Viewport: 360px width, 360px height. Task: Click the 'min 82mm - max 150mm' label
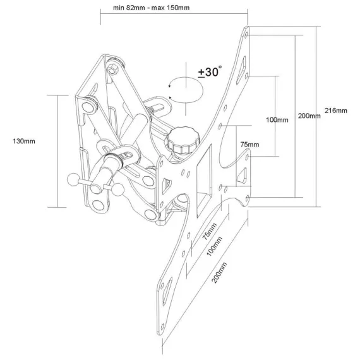[151, 8]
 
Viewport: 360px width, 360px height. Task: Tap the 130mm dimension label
[24, 141]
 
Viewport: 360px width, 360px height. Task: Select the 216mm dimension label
[335, 111]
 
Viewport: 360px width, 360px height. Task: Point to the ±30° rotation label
[210, 71]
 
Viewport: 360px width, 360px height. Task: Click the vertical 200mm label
[309, 116]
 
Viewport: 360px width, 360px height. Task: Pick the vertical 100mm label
[277, 120]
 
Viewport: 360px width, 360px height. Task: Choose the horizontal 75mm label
[250, 145]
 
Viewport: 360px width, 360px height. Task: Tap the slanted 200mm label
[219, 272]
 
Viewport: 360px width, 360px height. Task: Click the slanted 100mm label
[215, 246]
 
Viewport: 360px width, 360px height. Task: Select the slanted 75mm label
[210, 231]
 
